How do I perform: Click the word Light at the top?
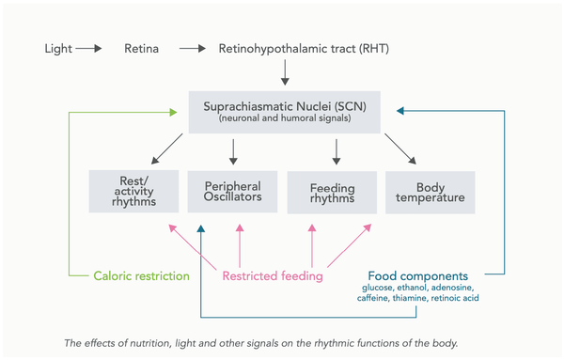pos(59,47)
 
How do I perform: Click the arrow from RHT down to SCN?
pos(284,72)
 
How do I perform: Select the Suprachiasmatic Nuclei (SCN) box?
pos(284,111)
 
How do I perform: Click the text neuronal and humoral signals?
pos(284,120)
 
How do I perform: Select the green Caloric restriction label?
pos(141,276)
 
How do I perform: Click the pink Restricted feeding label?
pos(273,276)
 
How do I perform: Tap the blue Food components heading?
pos(418,276)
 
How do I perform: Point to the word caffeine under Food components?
pos(374,298)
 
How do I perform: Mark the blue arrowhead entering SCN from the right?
pos(400,111)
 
